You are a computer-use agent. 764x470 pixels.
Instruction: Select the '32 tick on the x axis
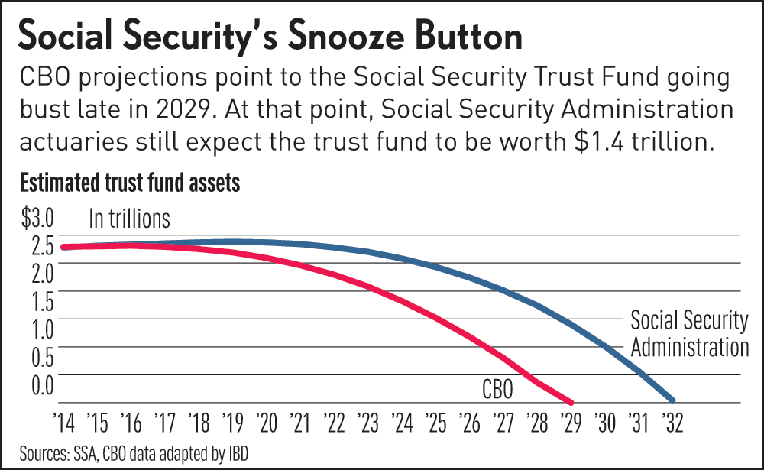(672, 421)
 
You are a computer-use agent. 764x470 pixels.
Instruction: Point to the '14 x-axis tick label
(63, 421)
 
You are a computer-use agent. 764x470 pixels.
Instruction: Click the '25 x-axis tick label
(435, 421)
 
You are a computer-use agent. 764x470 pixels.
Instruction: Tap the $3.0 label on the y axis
(36, 221)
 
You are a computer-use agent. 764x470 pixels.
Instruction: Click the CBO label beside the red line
(497, 389)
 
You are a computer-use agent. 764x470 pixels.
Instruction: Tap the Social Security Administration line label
(688, 333)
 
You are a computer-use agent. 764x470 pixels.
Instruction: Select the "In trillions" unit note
(129, 219)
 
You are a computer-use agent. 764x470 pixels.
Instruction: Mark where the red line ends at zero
(571, 401)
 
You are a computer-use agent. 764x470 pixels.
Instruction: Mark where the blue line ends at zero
(673, 400)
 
